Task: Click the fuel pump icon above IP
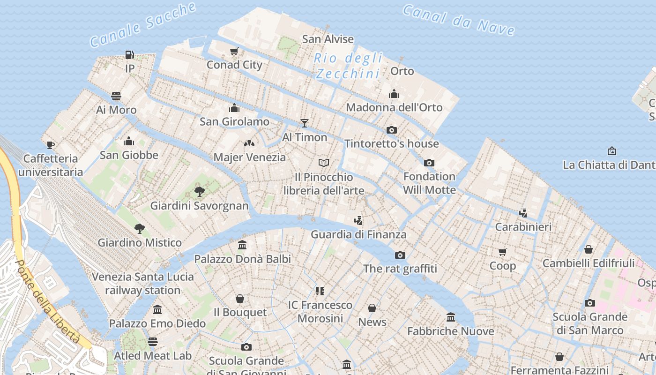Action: coord(129,55)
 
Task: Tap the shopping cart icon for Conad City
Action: coord(234,51)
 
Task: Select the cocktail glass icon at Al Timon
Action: coord(305,123)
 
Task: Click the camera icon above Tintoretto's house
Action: coord(392,130)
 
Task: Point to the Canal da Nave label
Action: coord(459,20)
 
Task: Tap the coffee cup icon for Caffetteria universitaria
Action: coord(51,145)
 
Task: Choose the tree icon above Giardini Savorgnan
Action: coord(199,191)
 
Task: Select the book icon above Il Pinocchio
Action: coord(324,163)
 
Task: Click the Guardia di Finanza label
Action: coord(358,234)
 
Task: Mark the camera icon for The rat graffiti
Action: coord(400,255)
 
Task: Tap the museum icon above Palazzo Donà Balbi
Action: coord(242,245)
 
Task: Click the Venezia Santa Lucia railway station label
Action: coord(143,283)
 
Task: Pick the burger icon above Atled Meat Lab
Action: coord(153,342)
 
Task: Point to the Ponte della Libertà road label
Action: coord(48,300)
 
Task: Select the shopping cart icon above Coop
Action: coord(503,252)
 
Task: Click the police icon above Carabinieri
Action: coord(523,213)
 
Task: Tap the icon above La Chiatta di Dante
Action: coord(611,151)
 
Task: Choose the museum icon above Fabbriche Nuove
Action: coord(451,317)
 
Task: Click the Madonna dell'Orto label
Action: coord(394,107)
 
